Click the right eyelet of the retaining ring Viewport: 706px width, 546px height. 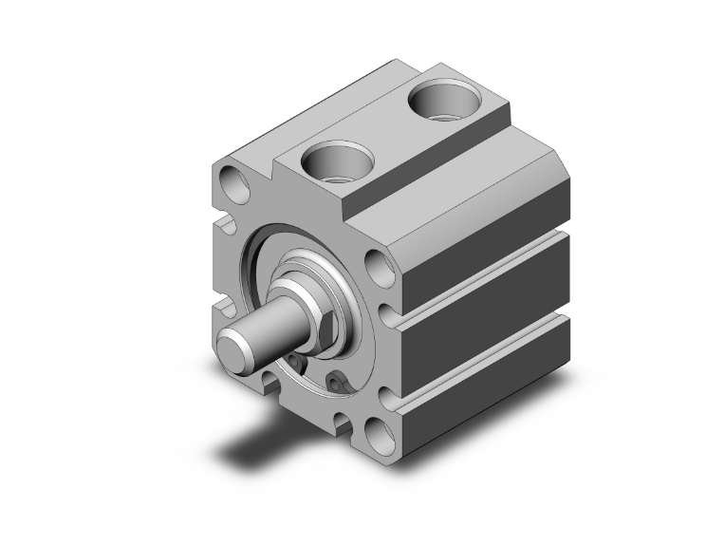[335, 382]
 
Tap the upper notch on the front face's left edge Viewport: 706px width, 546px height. [227, 225]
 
